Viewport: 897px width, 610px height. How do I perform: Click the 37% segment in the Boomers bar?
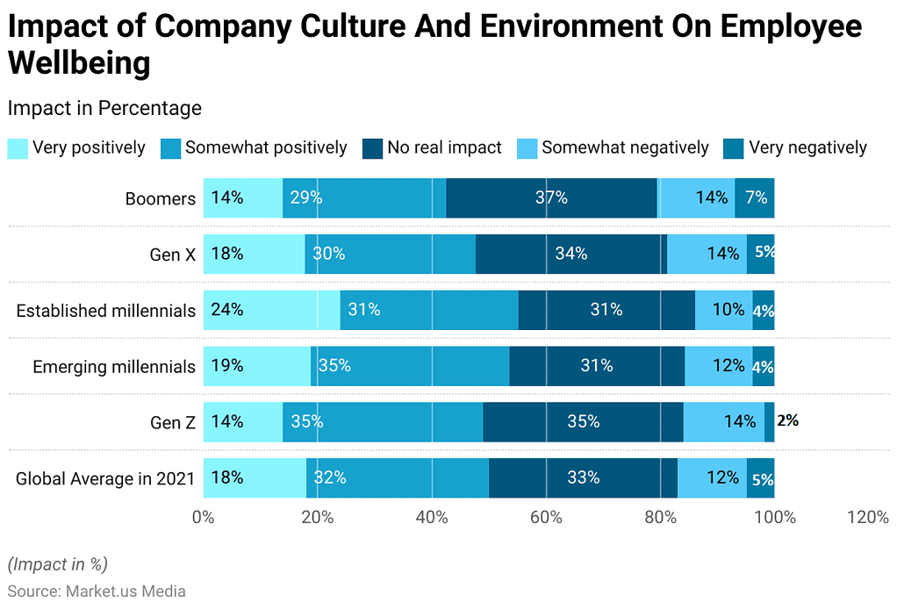click(551, 197)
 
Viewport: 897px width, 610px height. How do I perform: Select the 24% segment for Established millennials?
click(271, 310)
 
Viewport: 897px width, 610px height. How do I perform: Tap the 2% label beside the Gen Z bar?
click(787, 420)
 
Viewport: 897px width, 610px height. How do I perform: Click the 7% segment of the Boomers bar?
click(755, 197)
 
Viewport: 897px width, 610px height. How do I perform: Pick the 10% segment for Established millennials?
click(723, 310)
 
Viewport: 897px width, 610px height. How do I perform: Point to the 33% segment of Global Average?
click(583, 477)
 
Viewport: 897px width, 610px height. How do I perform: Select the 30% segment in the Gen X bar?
click(390, 254)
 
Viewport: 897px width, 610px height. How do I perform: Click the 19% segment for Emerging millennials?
click(256, 366)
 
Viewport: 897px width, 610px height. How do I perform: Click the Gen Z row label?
click(173, 422)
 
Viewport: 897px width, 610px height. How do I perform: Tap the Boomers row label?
click(160, 198)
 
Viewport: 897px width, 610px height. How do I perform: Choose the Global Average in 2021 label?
click(105, 478)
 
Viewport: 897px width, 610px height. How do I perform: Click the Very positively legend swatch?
click(18, 148)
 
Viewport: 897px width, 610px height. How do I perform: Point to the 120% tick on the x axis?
click(867, 518)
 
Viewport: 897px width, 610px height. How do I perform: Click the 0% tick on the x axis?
click(204, 518)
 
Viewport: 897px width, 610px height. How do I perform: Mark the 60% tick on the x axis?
click(546, 518)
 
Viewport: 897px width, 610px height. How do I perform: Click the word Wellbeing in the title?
click(79, 63)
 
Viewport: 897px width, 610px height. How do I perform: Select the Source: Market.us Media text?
click(97, 592)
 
